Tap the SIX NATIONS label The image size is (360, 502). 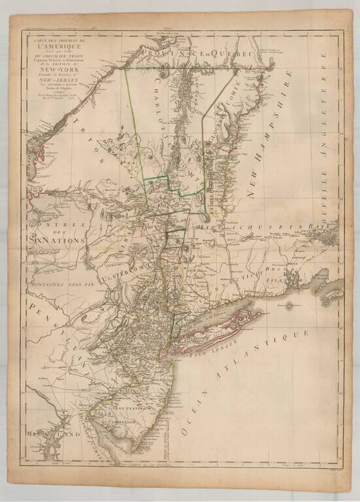[x=57, y=241]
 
